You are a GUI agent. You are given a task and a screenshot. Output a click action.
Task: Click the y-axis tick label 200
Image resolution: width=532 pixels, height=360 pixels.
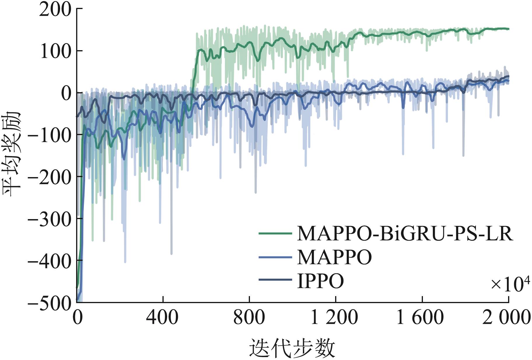point(55,9)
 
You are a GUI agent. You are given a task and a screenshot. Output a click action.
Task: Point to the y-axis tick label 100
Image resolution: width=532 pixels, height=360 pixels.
point(55,51)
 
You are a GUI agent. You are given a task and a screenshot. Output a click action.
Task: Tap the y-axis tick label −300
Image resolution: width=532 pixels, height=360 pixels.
point(50,219)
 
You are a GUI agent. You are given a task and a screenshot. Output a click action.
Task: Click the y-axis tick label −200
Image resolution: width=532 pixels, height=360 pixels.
point(50,177)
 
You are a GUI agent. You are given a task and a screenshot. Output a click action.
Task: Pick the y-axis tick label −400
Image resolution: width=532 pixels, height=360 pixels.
point(50,261)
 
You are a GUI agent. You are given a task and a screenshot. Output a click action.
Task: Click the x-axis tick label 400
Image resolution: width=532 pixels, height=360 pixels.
point(162,317)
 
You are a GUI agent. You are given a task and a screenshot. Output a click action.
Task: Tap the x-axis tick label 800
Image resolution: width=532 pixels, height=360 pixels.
point(249,317)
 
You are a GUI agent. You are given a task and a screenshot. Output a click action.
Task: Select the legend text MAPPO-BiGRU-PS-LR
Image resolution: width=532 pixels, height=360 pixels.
point(405,233)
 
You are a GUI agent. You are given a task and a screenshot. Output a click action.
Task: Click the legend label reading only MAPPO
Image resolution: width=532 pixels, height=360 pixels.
point(334,257)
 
